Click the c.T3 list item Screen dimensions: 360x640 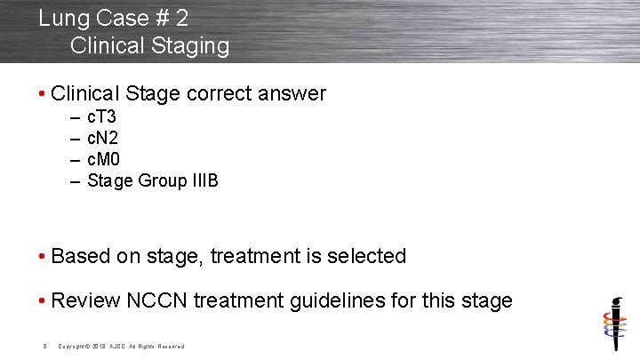102,117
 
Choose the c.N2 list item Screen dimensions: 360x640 103,139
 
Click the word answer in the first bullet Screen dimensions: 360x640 292,93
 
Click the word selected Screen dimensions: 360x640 366,257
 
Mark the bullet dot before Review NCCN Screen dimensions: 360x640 43,300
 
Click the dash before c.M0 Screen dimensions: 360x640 73,160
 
